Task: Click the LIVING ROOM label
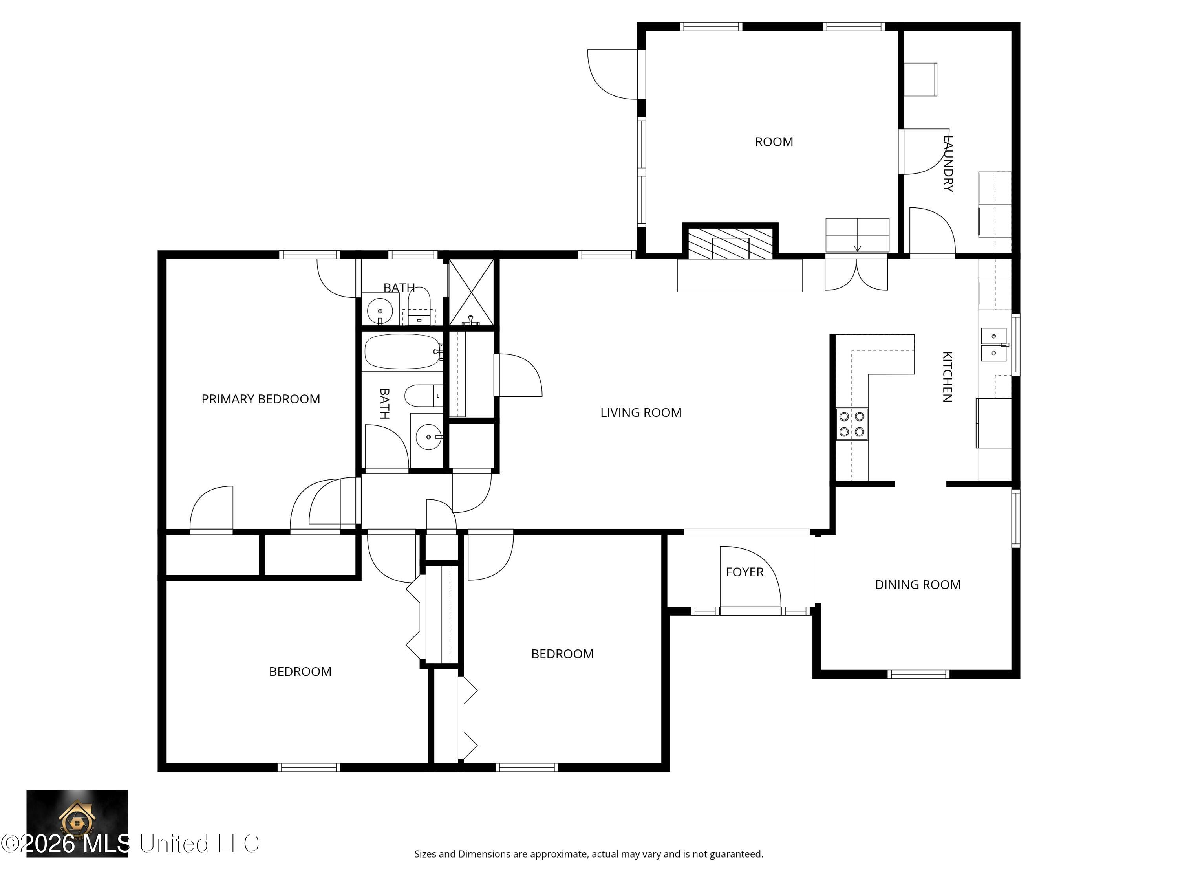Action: [x=641, y=413]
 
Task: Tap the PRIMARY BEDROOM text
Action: [x=260, y=399]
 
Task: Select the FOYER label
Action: [x=744, y=572]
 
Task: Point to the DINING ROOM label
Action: [x=918, y=585]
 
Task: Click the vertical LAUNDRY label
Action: [x=948, y=163]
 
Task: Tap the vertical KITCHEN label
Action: [x=948, y=376]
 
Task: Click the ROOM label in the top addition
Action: [x=774, y=142]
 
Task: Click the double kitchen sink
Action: [x=994, y=345]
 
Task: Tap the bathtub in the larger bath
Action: [x=402, y=351]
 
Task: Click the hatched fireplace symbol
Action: [x=730, y=244]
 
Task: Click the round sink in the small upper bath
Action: [x=380, y=310]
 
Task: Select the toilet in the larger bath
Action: [x=423, y=395]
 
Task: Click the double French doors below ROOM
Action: [x=856, y=274]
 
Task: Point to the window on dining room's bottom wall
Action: [x=918, y=674]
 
